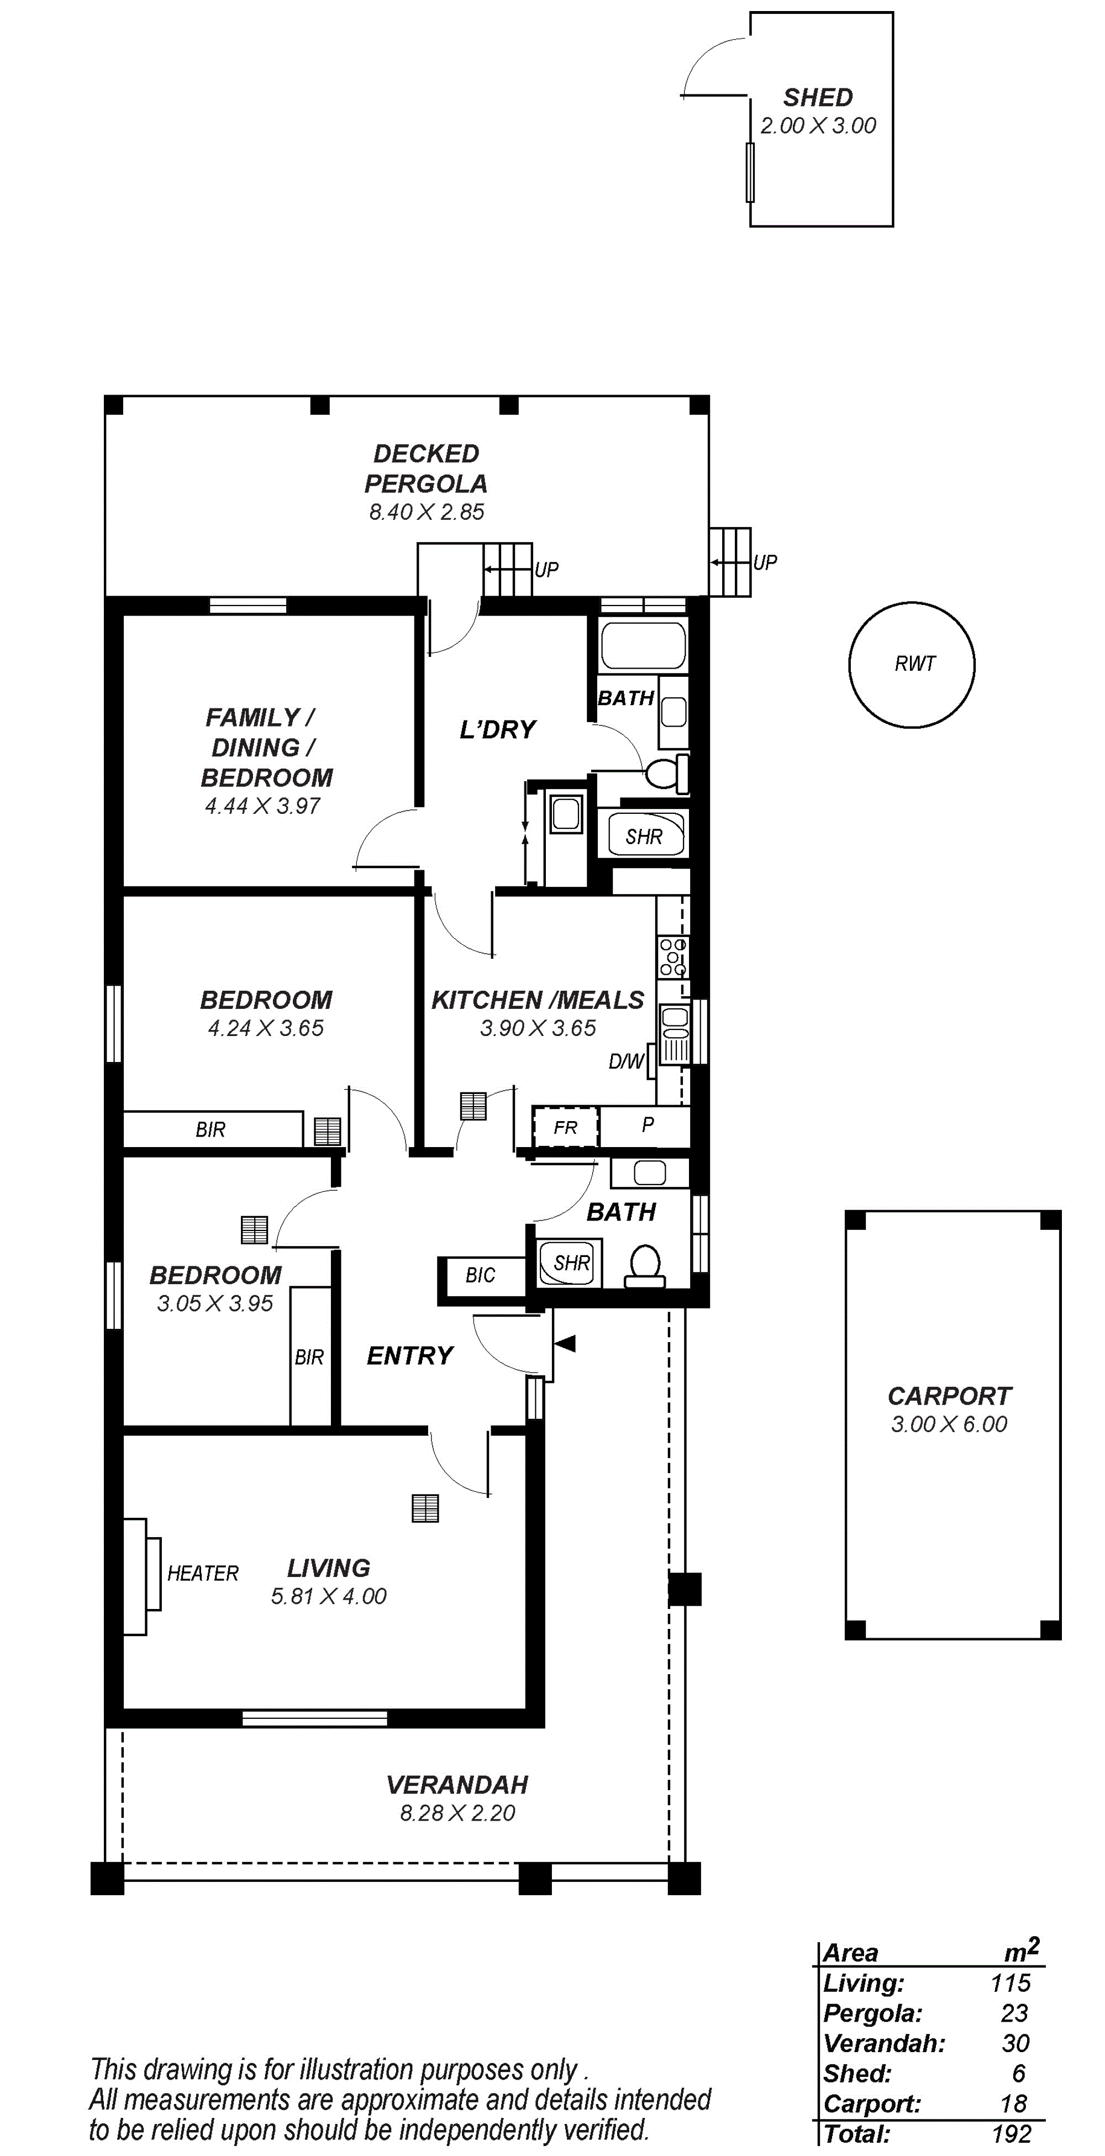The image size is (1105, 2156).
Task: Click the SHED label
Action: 818,98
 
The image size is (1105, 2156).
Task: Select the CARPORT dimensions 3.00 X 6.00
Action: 949,1424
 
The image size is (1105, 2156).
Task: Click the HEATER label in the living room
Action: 203,1574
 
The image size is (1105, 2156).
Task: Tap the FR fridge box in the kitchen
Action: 566,1127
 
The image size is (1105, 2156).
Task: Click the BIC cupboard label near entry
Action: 481,1275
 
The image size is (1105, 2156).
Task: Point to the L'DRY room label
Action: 497,730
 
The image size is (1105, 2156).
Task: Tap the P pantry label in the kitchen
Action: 647,1125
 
